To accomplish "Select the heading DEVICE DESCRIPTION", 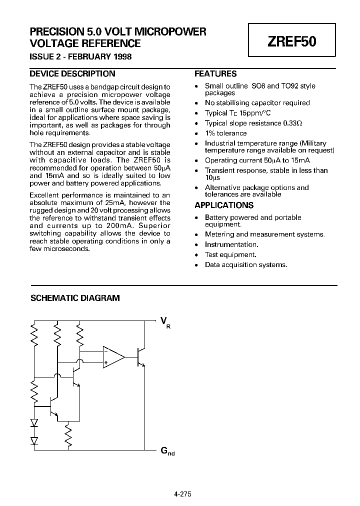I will point(72,73).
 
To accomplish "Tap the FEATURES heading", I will point(215,73).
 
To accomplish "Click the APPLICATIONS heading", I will point(223,205).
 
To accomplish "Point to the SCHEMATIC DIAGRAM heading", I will point(75,298).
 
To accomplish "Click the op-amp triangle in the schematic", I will point(112,356).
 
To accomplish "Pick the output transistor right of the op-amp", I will point(141,357).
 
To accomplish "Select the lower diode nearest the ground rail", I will point(34,440).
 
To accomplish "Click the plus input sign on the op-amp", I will point(106,361).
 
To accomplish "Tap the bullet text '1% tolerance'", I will point(225,133).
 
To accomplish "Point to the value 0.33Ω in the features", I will point(292,123).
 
